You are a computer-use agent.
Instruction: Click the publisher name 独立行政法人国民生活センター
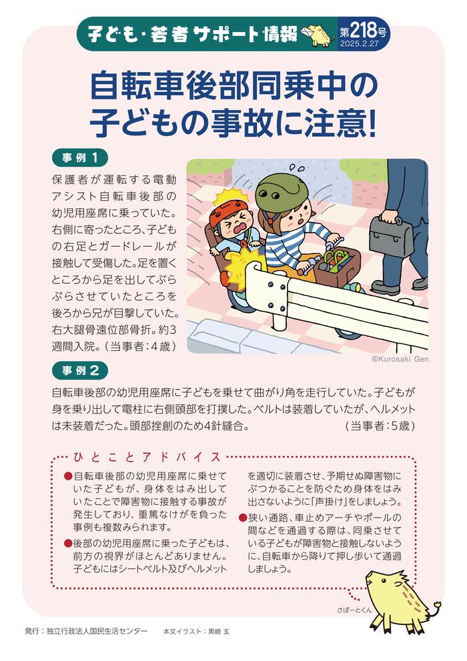pos(96,630)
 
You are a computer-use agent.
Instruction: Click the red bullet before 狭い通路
pos(242,518)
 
